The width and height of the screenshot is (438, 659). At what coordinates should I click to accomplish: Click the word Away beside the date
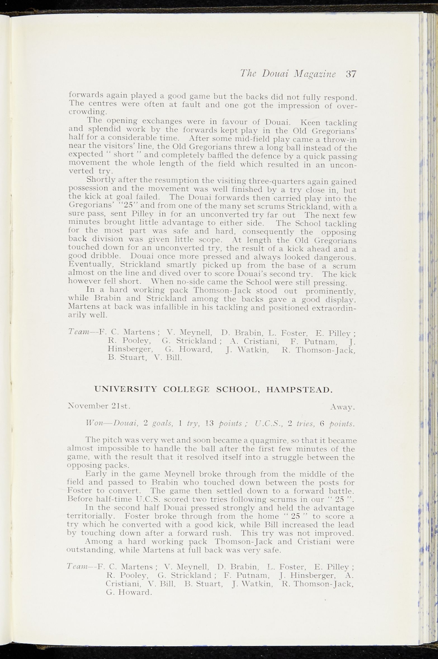coord(342,408)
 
